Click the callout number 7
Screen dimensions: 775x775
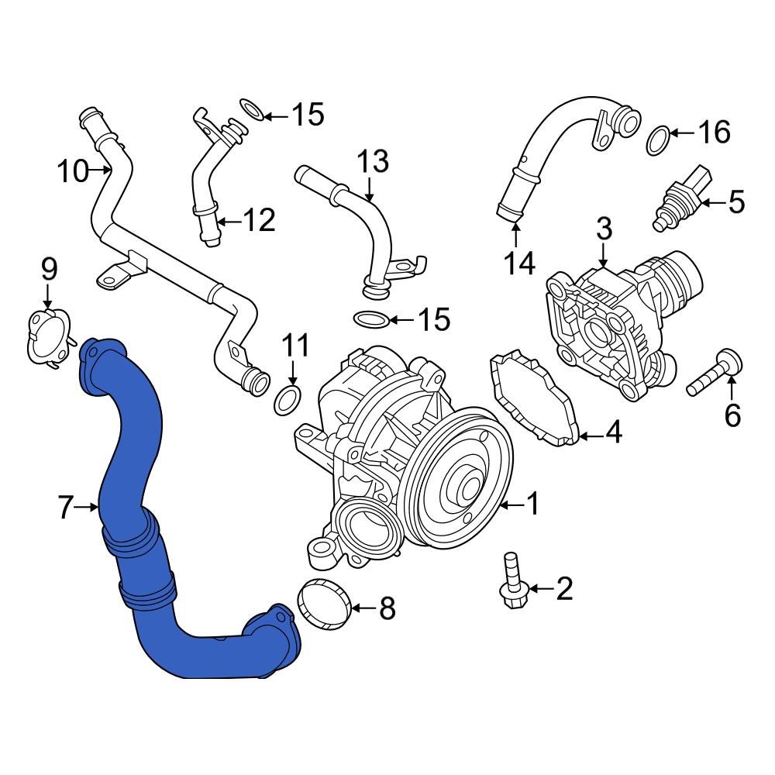coord(67,508)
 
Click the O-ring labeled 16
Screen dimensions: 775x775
coord(659,139)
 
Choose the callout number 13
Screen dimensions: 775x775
coord(372,164)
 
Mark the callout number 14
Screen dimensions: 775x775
coord(519,263)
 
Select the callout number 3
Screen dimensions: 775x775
coord(604,229)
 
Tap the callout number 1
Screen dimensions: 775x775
coord(532,505)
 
